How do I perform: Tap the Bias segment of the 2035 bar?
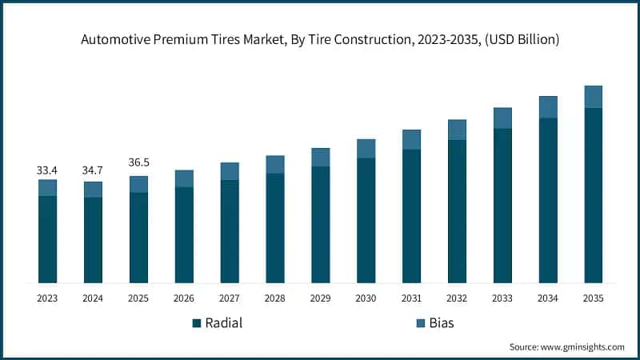click(593, 97)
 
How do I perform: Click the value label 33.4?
click(47, 170)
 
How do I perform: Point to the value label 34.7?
click(93, 171)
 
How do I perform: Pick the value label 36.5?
click(138, 163)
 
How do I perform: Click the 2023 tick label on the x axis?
click(47, 298)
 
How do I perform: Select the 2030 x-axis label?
click(366, 298)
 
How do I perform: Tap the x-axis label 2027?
click(230, 298)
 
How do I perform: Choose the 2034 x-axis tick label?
click(547, 298)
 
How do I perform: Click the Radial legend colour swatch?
click(196, 323)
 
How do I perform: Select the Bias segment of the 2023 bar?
click(47, 187)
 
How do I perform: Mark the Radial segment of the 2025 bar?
click(138, 238)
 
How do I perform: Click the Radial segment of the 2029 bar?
click(320, 224)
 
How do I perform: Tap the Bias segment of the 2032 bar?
click(457, 130)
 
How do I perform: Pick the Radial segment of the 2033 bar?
click(502, 205)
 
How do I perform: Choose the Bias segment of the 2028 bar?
click(275, 164)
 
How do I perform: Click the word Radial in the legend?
click(224, 323)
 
